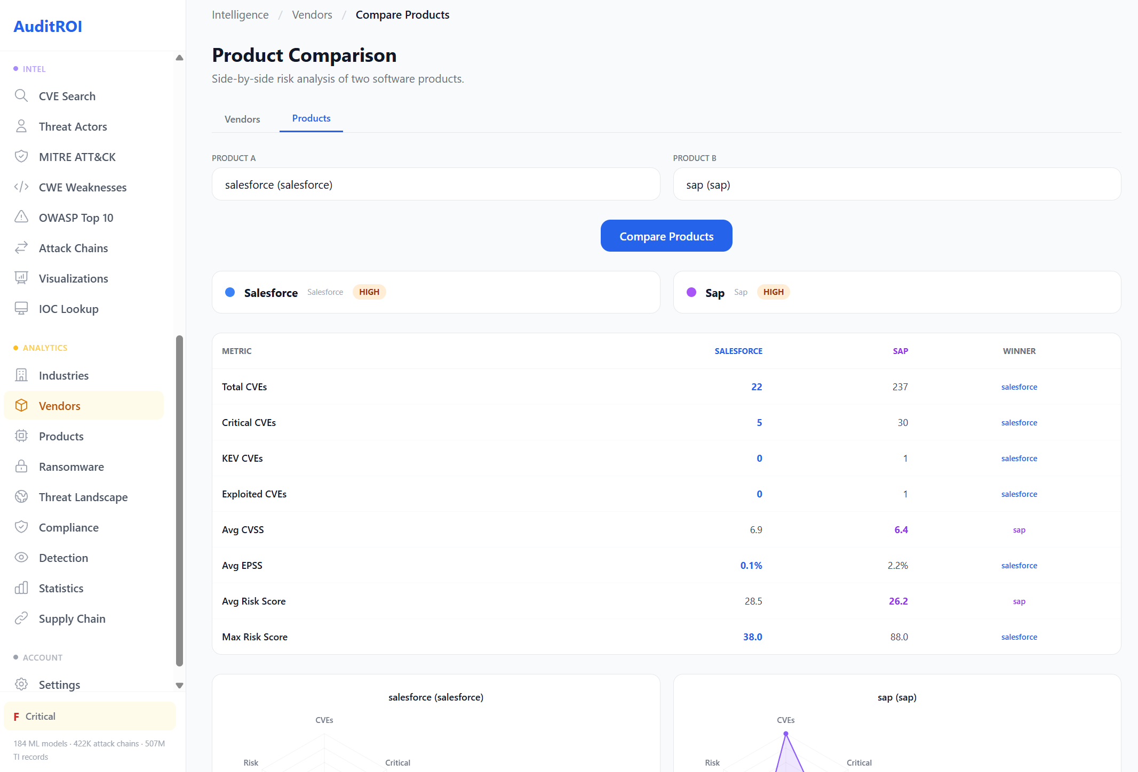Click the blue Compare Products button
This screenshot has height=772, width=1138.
[666, 236]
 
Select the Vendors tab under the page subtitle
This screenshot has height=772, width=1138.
[242, 119]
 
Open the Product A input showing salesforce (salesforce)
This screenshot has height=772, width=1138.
[435, 184]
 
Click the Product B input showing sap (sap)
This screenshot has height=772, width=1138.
[896, 184]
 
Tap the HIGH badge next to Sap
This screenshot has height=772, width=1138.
[773, 292]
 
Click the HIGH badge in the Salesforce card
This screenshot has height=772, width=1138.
[369, 292]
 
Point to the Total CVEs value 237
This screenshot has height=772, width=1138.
[900, 387]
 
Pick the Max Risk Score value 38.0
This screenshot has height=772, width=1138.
[752, 637]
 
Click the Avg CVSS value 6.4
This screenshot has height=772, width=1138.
[901, 530]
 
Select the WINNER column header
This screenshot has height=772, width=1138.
[1019, 351]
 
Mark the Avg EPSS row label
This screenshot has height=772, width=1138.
[242, 566]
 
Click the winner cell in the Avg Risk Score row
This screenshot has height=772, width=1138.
[1019, 601]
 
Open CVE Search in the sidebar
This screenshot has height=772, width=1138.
[67, 96]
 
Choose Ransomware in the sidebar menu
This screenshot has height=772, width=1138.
[71, 467]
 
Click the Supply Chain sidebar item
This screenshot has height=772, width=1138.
[72, 619]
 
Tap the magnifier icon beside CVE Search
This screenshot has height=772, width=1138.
[21, 96]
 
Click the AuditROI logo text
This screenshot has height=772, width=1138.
[48, 27]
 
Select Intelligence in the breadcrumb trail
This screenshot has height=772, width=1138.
[240, 15]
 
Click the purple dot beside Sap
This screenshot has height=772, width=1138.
[691, 292]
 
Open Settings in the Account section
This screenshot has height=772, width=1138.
[59, 685]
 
